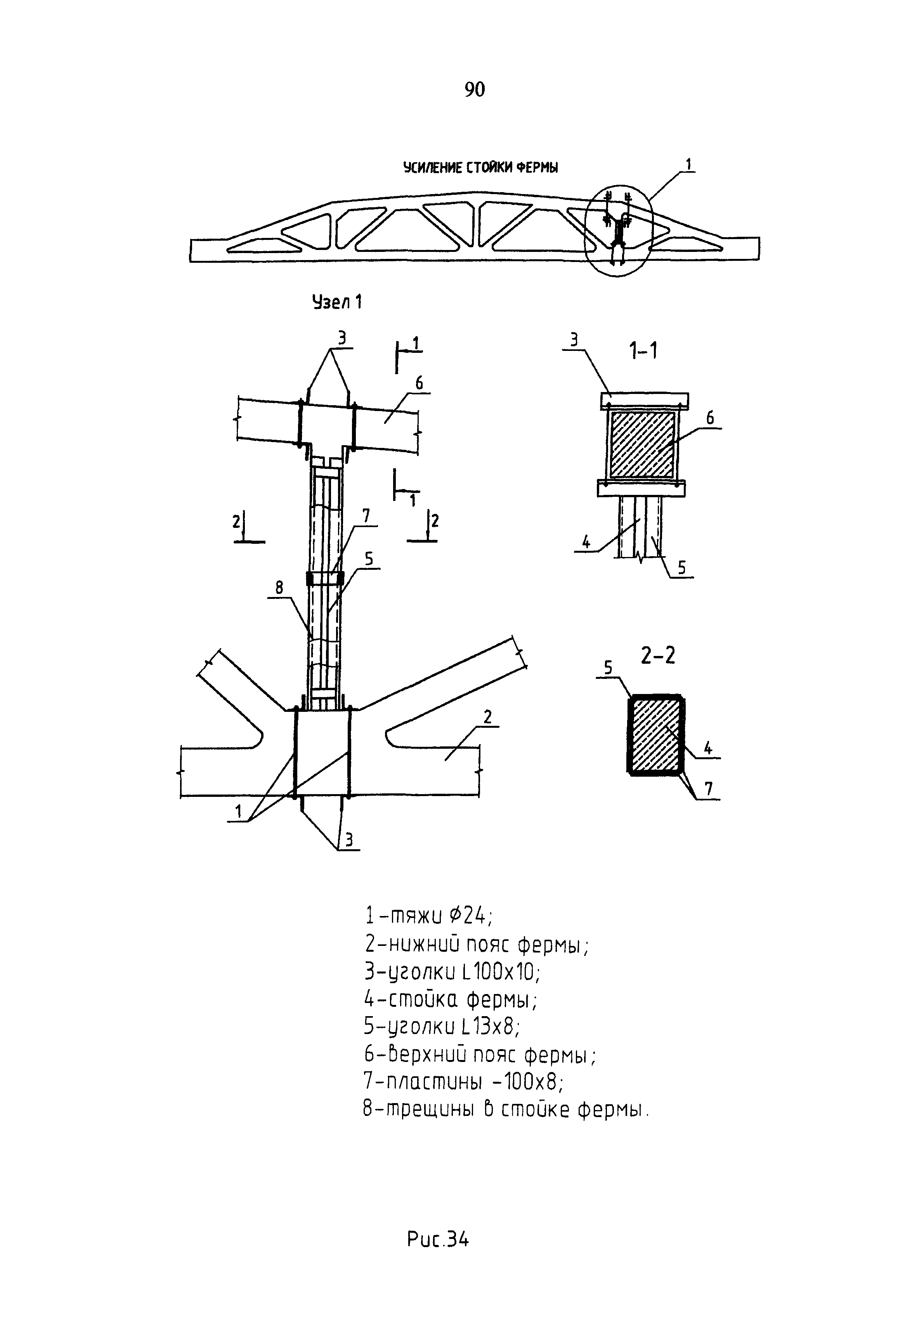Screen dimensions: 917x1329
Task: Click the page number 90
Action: pos(475,90)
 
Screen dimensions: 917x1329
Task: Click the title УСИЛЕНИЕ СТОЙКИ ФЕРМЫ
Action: pos(480,167)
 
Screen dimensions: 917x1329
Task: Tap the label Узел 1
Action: pos(337,302)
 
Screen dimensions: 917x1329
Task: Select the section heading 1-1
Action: pos(643,350)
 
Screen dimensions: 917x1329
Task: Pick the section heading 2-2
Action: pos(658,655)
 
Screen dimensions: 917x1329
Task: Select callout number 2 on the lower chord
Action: pos(488,717)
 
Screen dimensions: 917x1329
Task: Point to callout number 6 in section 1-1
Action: pos(710,418)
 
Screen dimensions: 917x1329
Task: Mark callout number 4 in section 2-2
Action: pos(708,748)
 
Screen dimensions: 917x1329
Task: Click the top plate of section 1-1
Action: pos(644,399)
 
